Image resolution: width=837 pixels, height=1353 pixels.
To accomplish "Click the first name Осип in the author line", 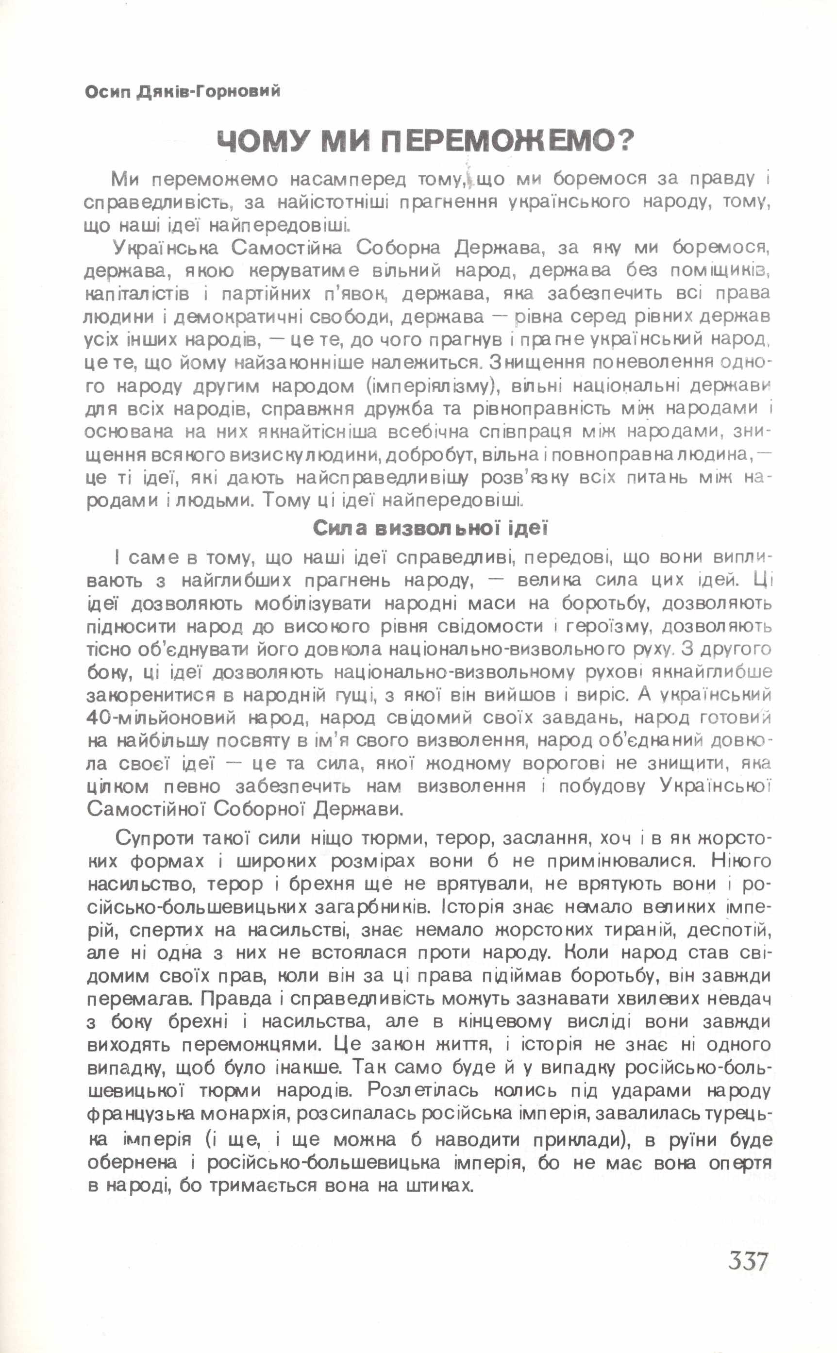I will click(x=107, y=91).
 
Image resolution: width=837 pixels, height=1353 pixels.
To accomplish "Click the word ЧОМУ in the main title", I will click(x=261, y=142).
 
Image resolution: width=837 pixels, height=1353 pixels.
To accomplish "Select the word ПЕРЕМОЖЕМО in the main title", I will click(x=496, y=142).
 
